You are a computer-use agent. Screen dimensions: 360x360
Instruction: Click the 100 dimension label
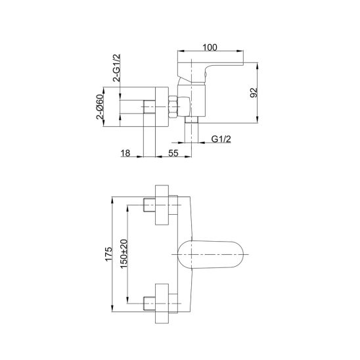[210, 47]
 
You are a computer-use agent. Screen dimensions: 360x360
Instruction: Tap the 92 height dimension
[254, 93]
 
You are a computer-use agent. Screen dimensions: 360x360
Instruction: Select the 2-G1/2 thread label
[117, 68]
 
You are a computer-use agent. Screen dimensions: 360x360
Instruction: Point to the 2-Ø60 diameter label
[100, 107]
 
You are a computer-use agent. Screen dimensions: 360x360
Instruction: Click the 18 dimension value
[125, 153]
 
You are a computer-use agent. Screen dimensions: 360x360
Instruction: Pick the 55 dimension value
[173, 153]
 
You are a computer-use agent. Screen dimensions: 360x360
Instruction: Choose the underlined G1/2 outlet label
[221, 139]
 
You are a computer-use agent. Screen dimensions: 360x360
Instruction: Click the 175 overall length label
[108, 254]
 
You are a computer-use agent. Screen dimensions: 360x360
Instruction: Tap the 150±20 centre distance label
[124, 254]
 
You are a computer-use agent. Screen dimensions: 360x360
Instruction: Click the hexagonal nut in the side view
[173, 107]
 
